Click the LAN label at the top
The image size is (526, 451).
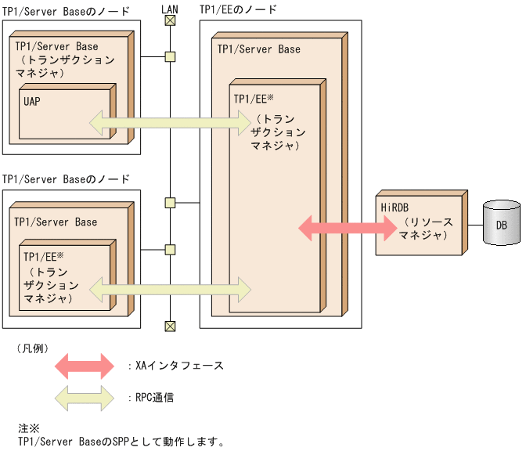pyautogui.click(x=169, y=9)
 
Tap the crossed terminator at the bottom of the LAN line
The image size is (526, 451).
pyautogui.click(x=169, y=326)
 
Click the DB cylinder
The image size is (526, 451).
pyautogui.click(x=501, y=225)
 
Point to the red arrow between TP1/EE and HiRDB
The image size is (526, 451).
pyautogui.click(x=348, y=228)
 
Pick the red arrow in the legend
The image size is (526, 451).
pyautogui.click(x=85, y=366)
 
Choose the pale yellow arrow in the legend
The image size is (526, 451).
pyautogui.click(x=85, y=397)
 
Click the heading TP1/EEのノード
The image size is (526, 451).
pyautogui.click(x=238, y=9)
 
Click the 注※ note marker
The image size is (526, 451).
pyautogui.click(x=28, y=428)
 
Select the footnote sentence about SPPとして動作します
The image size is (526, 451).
pyautogui.click(x=121, y=441)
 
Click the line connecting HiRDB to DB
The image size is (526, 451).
pyautogui.click(x=474, y=225)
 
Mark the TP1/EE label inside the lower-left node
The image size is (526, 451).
pyautogui.click(x=43, y=256)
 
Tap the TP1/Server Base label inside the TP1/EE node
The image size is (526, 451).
pyautogui.click(x=258, y=49)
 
